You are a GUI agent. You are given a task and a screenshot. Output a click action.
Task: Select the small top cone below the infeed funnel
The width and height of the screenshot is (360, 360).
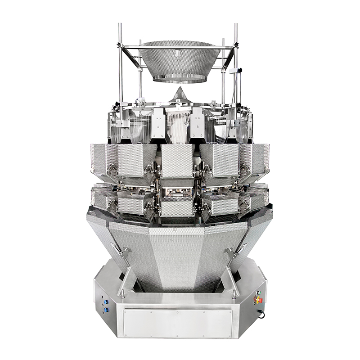(180, 94)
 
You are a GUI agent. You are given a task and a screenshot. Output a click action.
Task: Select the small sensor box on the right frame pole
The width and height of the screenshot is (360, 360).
(234, 71)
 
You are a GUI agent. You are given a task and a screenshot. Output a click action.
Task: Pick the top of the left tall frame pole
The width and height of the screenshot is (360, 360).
(120, 25)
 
